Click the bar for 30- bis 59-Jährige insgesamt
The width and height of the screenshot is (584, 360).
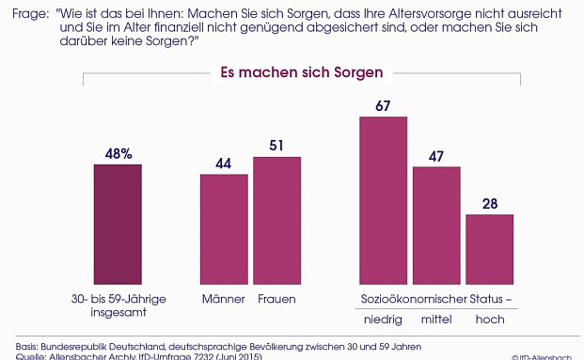[118, 223]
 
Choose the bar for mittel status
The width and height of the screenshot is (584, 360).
[436, 225]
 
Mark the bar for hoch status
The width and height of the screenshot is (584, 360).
[489, 248]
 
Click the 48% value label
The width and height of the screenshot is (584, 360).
[118, 151]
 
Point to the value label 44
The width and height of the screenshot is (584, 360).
[224, 162]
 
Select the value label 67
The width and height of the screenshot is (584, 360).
[383, 105]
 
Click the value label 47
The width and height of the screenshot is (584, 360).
[436, 155]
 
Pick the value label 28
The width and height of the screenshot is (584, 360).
[489, 202]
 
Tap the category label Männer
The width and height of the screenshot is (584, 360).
[224, 299]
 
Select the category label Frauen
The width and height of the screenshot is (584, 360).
[276, 299]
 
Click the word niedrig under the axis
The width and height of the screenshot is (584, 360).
[383, 320]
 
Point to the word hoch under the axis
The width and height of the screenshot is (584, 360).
[489, 320]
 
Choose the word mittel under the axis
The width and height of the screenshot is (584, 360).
[436, 320]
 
